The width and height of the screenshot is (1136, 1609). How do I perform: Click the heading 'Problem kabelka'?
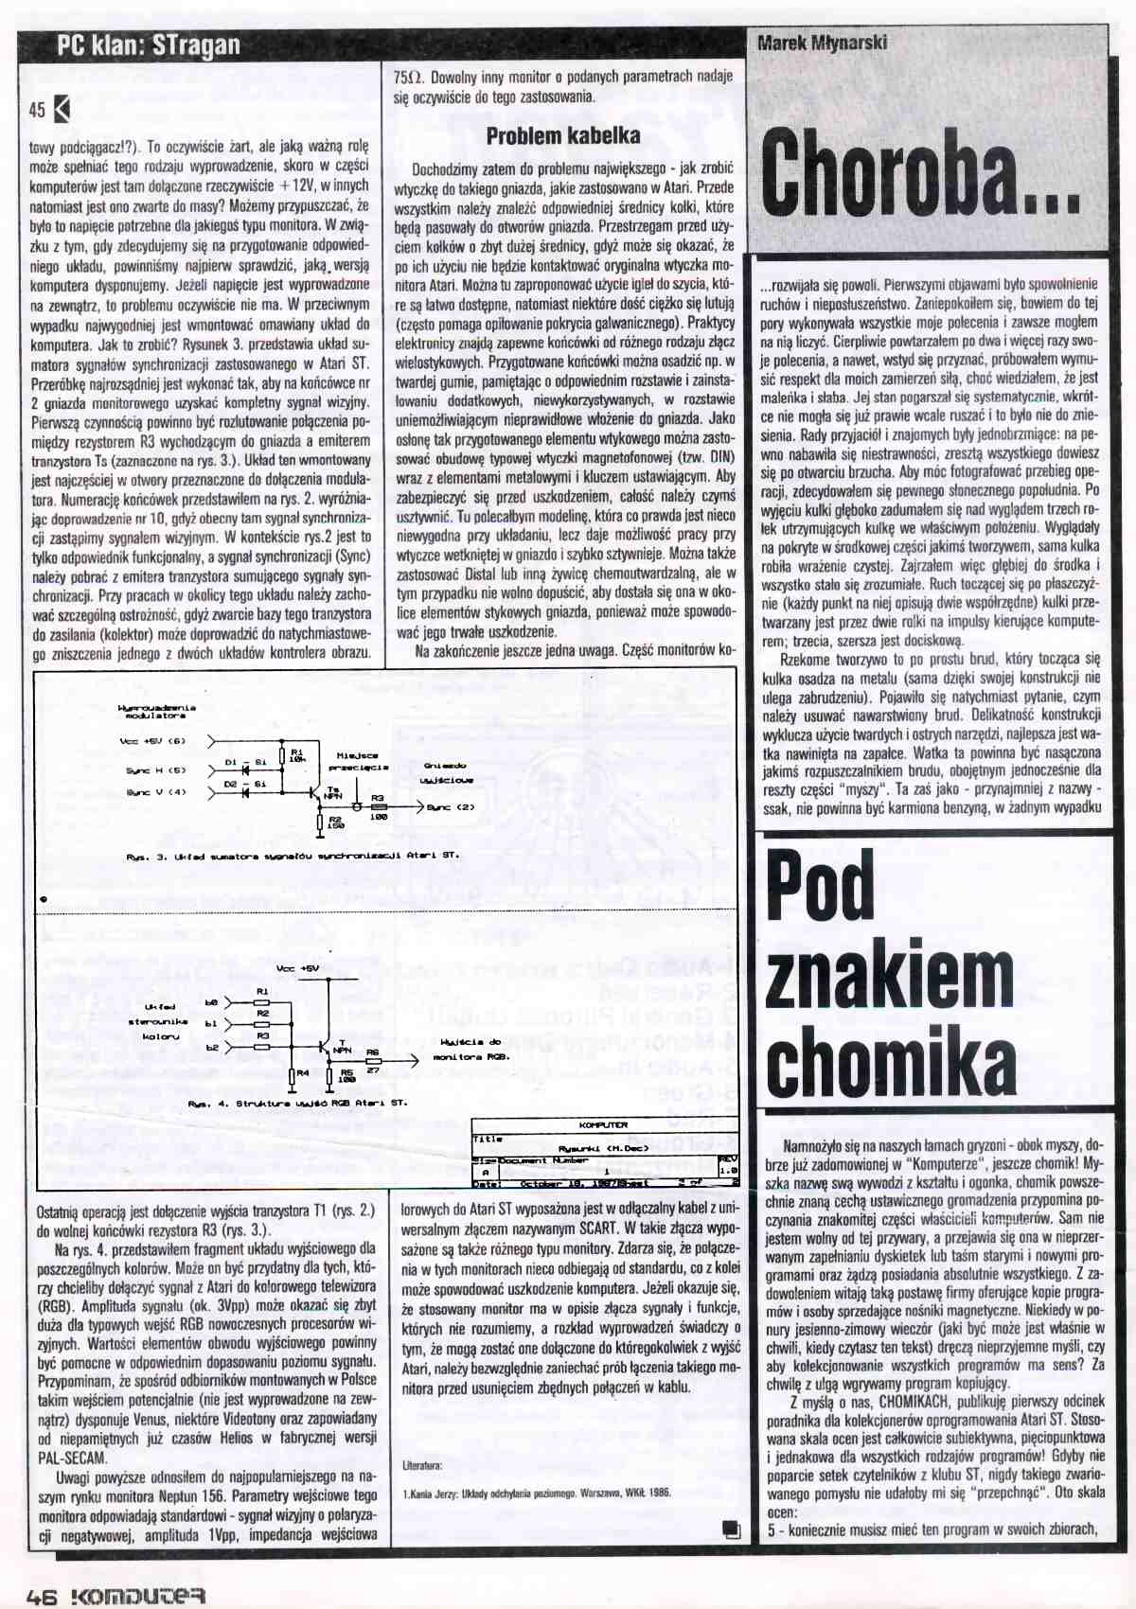(562, 136)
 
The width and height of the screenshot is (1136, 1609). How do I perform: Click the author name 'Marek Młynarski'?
(822, 43)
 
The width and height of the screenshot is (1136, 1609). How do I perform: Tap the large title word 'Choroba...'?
(919, 175)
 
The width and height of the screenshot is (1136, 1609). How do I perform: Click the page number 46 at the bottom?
(43, 1597)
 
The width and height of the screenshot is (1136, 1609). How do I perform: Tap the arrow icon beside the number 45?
(62, 110)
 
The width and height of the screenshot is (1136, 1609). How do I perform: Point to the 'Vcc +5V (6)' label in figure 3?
(152, 741)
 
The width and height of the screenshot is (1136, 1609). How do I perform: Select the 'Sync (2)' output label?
(451, 807)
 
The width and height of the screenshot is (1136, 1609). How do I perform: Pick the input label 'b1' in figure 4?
(211, 1023)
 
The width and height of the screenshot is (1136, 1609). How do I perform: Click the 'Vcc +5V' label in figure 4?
(297, 968)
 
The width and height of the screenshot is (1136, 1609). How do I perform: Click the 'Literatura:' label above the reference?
(422, 1465)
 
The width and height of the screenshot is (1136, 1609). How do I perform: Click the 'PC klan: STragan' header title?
(149, 45)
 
